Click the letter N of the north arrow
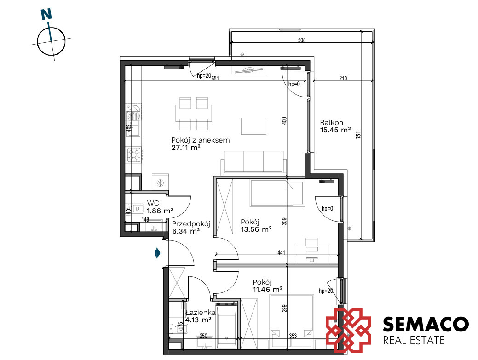tap(46, 14)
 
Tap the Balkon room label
tap(331, 123)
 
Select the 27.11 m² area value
tap(186, 148)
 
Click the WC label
tap(153, 203)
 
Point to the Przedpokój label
tap(191, 224)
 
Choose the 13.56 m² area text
tap(256, 229)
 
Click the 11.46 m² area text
tap(267, 289)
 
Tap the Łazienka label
tap(201, 313)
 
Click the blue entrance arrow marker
tap(158, 253)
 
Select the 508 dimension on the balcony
tap(301, 40)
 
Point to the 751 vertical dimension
tap(358, 135)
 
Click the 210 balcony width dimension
tap(343, 79)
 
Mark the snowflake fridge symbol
tap(161, 183)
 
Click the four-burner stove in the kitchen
tap(134, 154)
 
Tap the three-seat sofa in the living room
tap(254, 162)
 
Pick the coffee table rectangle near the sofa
tap(253, 126)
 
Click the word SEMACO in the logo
tap(426, 324)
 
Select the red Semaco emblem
tap(348, 331)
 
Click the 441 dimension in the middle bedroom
tap(281, 252)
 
